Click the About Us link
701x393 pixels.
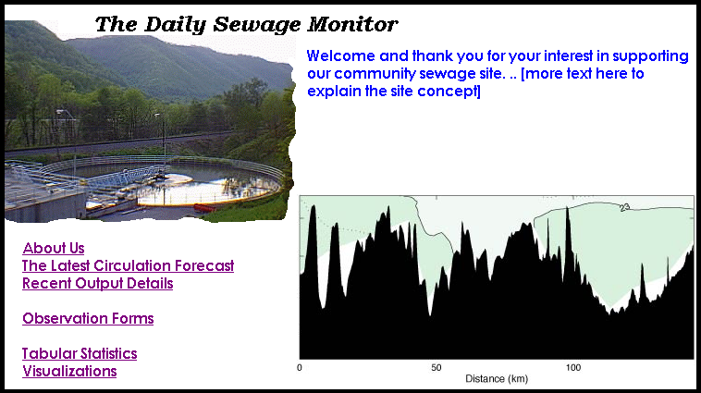[x=54, y=248]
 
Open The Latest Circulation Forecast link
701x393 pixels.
[x=128, y=265]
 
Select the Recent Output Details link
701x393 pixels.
[x=97, y=284]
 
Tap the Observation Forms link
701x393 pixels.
[x=88, y=318]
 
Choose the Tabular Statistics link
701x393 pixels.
[x=80, y=353]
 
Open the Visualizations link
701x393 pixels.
[x=69, y=371]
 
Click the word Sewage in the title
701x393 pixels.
[x=256, y=25]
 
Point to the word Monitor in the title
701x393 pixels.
[x=352, y=24]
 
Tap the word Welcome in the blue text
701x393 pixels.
[x=340, y=55]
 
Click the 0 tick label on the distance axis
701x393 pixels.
[x=300, y=368]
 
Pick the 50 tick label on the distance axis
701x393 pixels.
[x=437, y=368]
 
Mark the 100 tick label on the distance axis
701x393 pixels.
[x=573, y=368]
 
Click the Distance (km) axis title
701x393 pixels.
[x=497, y=379]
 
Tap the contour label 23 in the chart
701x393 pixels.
[x=625, y=207]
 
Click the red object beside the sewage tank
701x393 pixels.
[x=204, y=207]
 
